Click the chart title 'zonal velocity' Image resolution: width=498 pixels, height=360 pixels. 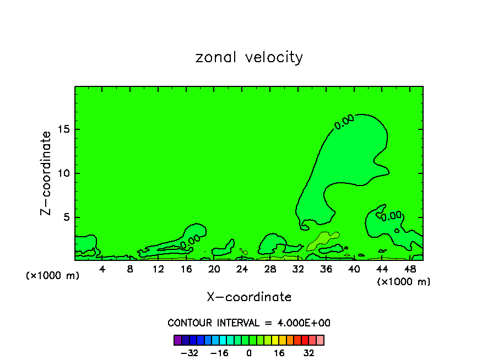(249, 57)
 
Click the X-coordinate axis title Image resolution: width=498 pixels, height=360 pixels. (249, 297)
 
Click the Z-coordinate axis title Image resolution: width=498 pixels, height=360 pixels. (46, 173)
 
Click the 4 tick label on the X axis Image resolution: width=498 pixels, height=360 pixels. (102, 269)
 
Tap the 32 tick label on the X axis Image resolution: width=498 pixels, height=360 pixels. (299, 269)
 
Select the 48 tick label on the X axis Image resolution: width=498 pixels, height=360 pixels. (410, 269)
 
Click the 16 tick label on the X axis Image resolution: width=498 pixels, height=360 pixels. (186, 269)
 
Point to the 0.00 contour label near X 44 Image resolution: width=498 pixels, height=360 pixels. (391, 216)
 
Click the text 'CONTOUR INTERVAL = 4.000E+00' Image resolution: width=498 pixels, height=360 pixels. (249, 323)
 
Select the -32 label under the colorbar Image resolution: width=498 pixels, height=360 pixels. (189, 353)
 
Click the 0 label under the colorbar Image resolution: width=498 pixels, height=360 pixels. (249, 353)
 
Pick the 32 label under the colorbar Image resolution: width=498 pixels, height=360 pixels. (309, 353)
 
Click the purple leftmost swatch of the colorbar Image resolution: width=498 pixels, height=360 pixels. (177, 340)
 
